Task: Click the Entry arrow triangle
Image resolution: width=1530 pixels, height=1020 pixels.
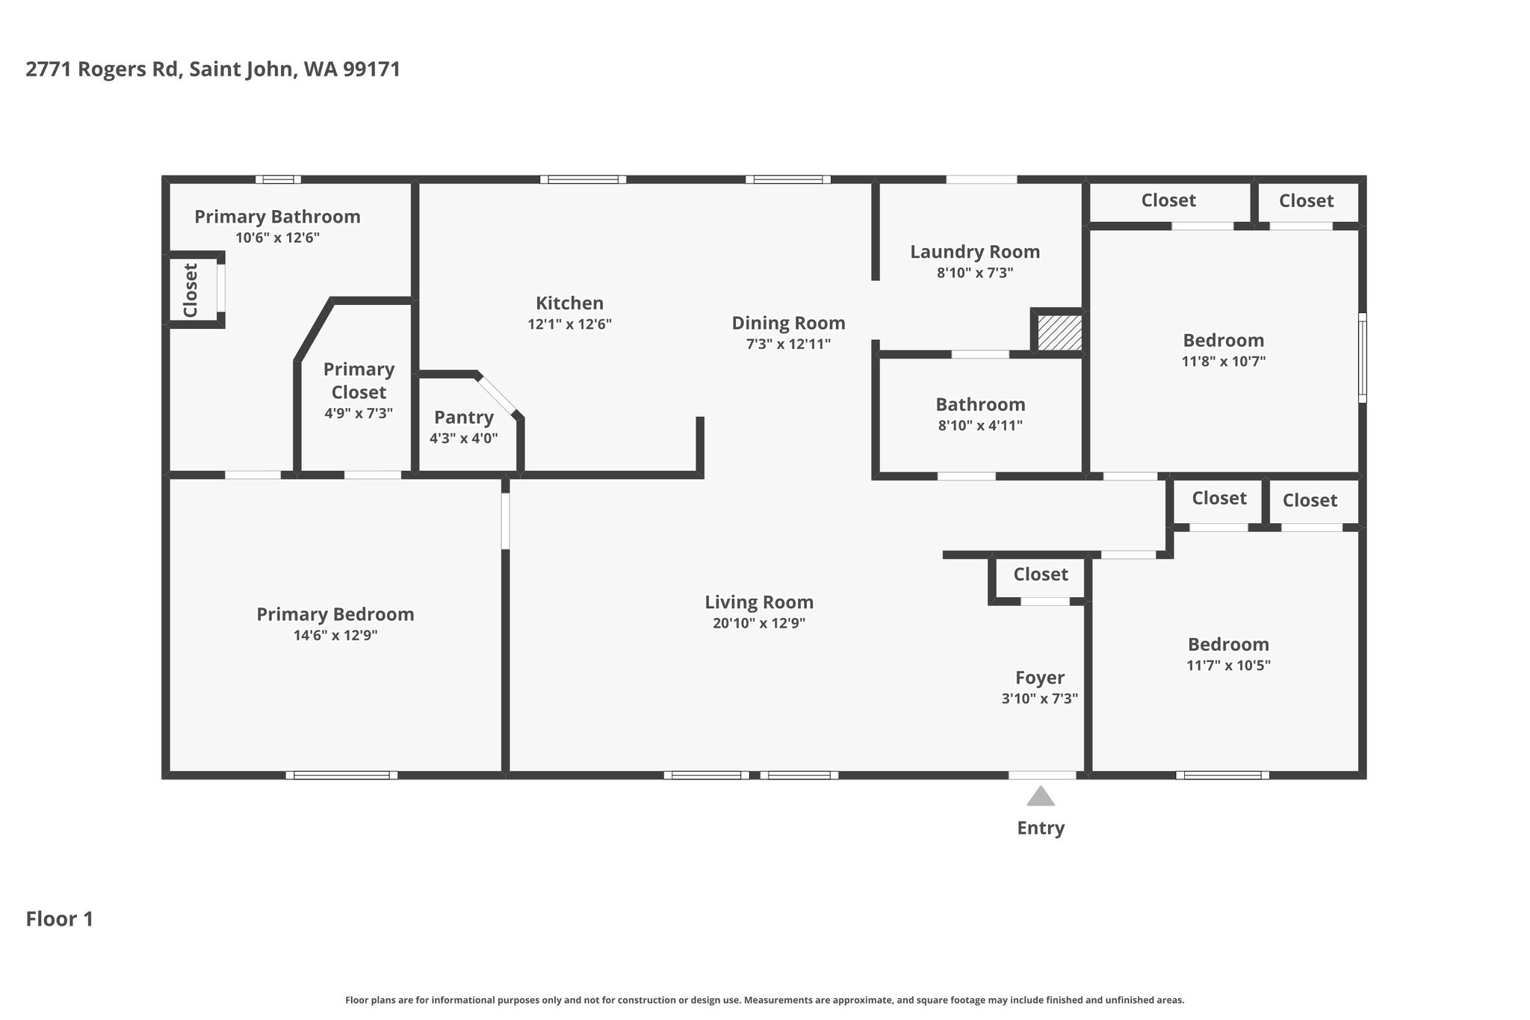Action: (1041, 796)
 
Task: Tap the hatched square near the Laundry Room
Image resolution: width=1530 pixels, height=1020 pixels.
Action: (1059, 332)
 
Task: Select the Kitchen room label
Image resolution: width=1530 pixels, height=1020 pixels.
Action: (569, 303)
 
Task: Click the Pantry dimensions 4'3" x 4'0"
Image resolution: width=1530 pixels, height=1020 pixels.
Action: (463, 439)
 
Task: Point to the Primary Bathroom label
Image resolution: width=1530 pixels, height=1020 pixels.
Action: (277, 217)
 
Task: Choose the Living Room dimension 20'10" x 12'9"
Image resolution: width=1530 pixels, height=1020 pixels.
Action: (759, 623)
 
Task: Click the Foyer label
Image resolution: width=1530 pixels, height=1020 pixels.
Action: (1040, 678)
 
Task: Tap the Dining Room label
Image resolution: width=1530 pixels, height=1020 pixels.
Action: (788, 323)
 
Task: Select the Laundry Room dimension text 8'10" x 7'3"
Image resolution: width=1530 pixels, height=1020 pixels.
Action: (975, 273)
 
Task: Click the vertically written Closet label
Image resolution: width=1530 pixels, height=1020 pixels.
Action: (191, 290)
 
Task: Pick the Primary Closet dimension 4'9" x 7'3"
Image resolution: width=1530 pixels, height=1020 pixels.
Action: (359, 413)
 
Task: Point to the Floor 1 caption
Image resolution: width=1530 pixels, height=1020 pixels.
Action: (60, 919)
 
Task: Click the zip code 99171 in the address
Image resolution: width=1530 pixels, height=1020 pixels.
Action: (372, 69)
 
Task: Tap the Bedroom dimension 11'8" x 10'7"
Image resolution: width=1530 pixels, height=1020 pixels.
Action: (1223, 362)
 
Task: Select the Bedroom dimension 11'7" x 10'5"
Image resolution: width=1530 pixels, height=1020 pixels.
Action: (1228, 666)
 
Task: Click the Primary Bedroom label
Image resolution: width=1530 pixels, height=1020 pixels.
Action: (335, 614)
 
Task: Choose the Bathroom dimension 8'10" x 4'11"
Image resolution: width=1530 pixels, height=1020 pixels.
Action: (980, 426)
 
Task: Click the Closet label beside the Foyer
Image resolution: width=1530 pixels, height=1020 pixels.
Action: (1041, 574)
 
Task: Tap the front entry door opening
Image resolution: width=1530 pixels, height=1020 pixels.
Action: (1042, 775)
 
